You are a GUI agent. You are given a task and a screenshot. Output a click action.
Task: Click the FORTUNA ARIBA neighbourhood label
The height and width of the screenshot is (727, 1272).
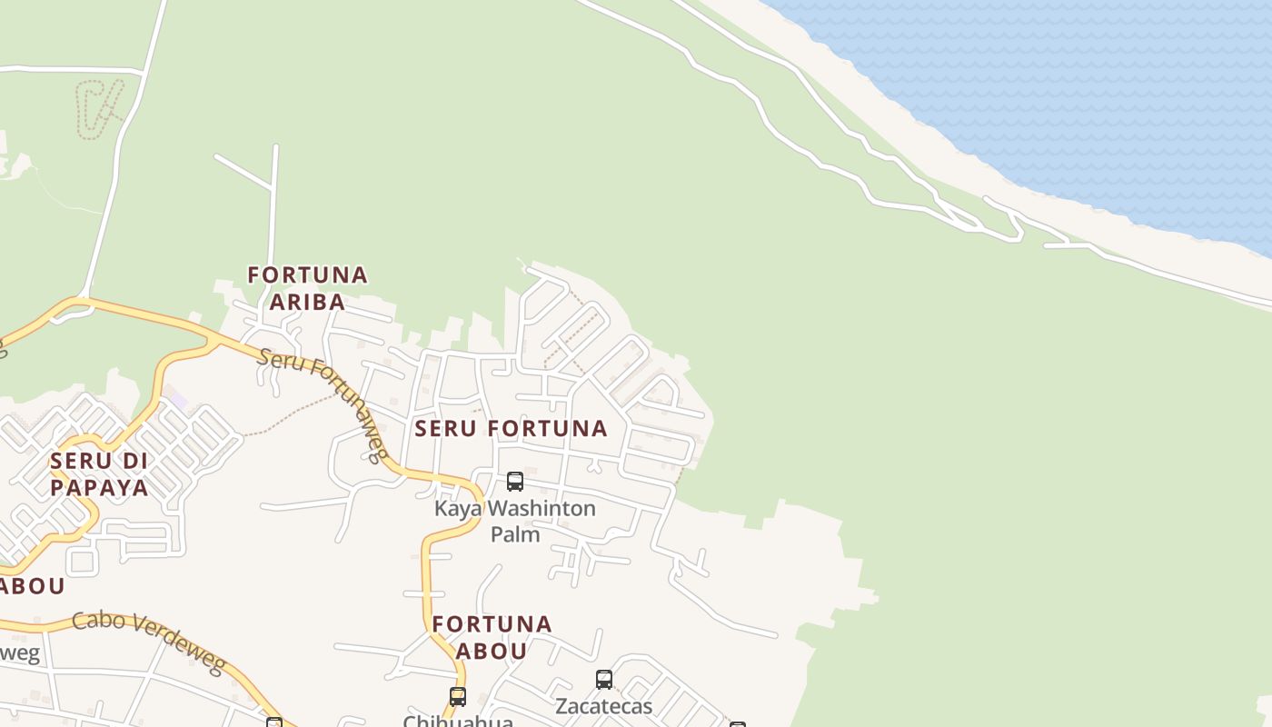coord(308,288)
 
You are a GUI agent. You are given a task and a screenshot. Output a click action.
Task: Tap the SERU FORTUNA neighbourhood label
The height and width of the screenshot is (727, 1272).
coord(511,428)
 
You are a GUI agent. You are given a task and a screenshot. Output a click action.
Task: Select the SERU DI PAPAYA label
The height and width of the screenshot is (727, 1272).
coord(99,474)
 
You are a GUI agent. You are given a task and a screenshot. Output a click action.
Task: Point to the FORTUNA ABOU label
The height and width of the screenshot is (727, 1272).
coord(492,637)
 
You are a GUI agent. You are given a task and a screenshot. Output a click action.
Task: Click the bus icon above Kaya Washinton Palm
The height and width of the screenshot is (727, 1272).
coord(515,481)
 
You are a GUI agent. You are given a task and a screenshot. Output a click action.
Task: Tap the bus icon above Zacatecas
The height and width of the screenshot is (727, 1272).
coord(603,679)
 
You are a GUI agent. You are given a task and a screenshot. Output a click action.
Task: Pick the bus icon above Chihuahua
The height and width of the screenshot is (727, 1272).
coord(458,697)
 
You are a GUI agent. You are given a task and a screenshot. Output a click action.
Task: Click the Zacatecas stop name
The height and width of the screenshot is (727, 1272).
coord(603,706)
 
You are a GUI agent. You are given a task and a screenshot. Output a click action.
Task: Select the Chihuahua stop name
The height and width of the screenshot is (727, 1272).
coord(458,721)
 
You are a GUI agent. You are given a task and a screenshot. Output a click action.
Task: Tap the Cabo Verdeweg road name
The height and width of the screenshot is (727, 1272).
coord(149,642)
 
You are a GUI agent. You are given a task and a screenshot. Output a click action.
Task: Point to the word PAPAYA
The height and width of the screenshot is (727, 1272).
coord(99,487)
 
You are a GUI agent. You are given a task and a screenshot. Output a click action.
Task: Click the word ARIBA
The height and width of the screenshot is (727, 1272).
coord(308,302)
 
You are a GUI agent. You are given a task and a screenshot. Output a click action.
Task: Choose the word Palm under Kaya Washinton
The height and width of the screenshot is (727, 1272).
coord(515,534)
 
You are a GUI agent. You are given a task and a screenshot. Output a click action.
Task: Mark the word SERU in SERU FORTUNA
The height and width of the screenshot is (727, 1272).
coord(445,428)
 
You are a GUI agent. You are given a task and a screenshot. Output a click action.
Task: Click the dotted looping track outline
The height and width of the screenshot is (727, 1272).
coord(98,107)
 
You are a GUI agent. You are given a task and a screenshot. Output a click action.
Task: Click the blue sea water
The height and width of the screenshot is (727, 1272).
coord(1090,91)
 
